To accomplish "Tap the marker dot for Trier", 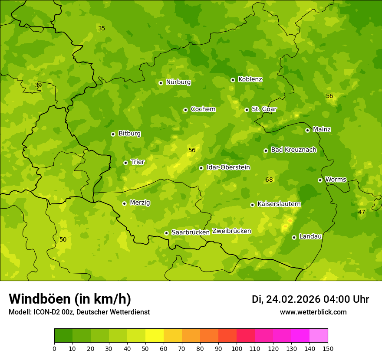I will point(125,163).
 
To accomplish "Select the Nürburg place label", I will point(178,82).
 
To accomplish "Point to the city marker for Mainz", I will point(307,130).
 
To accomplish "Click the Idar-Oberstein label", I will point(228,167).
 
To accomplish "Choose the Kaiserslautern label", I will point(279,204).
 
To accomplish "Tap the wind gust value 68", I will point(269,180).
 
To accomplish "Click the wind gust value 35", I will point(102,28).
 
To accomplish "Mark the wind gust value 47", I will point(362,212).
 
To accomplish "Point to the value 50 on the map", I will point(63,239).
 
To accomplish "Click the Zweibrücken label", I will point(231,231).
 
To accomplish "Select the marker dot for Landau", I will point(294,237).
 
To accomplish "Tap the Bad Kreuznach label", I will point(293,150).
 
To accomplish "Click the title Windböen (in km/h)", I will point(70,299).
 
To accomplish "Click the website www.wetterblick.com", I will point(313,312).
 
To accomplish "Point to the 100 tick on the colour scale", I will point(237,348).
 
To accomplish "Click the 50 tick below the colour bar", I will point(145,348).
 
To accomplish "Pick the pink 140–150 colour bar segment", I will point(319,336).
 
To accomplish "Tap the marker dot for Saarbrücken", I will point(166,233).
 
